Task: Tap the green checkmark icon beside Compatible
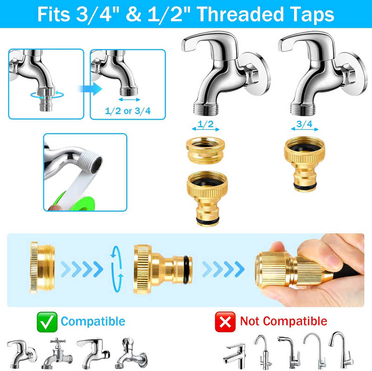coord(47,321)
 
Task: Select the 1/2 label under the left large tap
coord(206,124)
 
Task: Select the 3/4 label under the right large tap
coord(304,124)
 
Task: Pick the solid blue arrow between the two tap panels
coord(95,89)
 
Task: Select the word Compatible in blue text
coord(93,321)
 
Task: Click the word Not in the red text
coord(251,321)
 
